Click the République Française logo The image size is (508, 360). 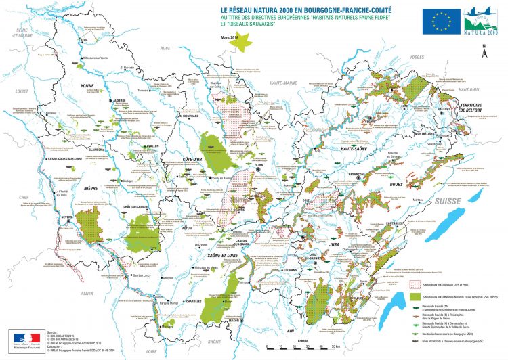(22, 338)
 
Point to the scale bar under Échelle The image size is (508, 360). (298, 347)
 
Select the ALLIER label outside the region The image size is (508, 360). (86, 294)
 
